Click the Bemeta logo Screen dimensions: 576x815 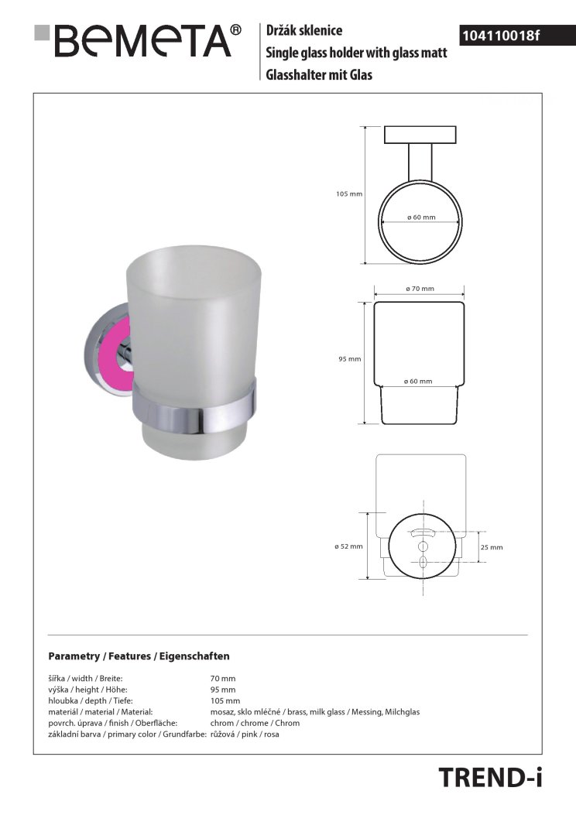click(138, 40)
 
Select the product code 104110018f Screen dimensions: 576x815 click(501, 36)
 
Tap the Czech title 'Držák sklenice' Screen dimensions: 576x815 click(304, 30)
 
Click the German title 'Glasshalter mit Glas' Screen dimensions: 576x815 click(319, 75)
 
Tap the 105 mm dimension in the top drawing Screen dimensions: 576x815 click(349, 193)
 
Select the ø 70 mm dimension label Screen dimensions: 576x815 click(420, 289)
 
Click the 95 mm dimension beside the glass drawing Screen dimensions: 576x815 click(349, 359)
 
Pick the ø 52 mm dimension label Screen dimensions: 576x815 click(348, 546)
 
